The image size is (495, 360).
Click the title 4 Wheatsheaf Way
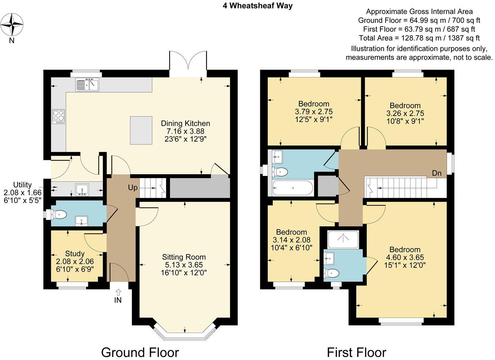258,5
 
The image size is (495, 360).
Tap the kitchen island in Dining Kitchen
141,130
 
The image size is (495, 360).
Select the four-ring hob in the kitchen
59,116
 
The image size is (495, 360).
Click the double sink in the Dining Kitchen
88,85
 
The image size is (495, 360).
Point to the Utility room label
22,185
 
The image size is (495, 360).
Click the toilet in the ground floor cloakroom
59,214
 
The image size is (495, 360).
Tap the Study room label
75,254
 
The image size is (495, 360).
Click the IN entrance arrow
118,296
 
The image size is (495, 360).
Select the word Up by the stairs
133,188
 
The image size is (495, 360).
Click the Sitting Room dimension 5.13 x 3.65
184,265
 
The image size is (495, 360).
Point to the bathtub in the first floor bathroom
293,188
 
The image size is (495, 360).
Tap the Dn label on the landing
436,173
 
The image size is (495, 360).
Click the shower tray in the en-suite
343,239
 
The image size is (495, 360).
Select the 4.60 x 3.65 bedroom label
405,258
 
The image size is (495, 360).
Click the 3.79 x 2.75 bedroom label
314,112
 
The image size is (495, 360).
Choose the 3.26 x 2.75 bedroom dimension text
405,113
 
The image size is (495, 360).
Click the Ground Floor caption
140,352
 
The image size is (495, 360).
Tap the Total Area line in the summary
419,38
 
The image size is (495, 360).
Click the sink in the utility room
82,189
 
